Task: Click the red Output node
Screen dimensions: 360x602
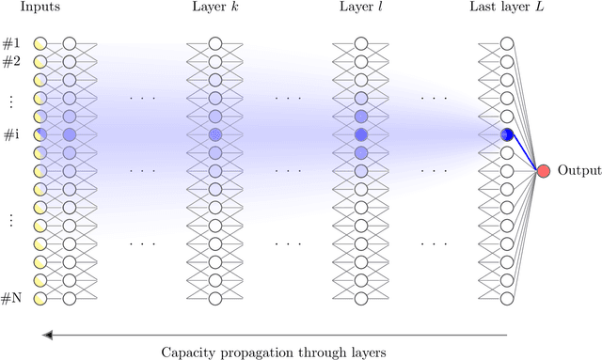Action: pos(543,171)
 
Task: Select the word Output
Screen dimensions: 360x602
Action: pos(576,171)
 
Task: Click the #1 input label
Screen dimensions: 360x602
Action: pos(11,43)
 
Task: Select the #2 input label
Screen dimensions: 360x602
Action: pos(11,62)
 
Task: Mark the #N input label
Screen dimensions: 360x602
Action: pos(11,299)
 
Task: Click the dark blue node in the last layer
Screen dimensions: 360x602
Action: pos(507,134)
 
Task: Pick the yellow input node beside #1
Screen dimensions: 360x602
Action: pos(39,43)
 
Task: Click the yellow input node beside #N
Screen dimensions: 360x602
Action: pos(39,299)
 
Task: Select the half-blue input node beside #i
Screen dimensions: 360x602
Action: pos(39,134)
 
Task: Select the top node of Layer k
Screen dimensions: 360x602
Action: pos(214,43)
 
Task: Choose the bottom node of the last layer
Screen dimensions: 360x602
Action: pos(507,299)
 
